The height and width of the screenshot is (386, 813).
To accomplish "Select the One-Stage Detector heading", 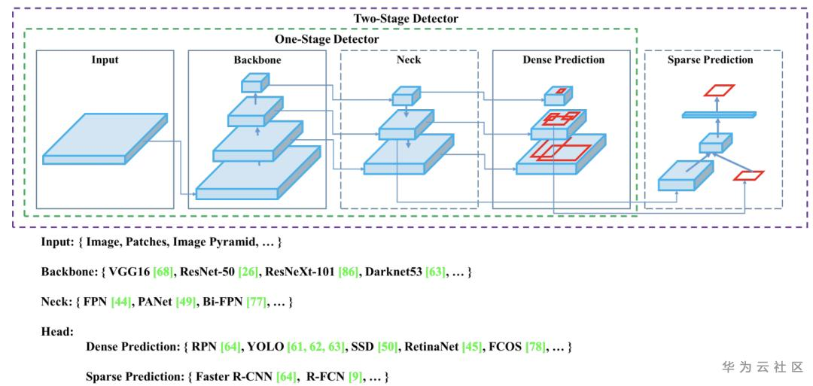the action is pyautogui.click(x=327, y=39).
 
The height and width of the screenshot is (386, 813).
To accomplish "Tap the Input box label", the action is pyautogui.click(x=105, y=59).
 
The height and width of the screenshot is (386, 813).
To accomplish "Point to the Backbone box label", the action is pyautogui.click(x=257, y=59).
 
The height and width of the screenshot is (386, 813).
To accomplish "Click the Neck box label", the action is pyautogui.click(x=409, y=59).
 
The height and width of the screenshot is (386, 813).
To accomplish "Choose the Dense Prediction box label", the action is pyautogui.click(x=564, y=59).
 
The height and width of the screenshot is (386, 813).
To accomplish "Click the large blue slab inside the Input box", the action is pyautogui.click(x=105, y=138).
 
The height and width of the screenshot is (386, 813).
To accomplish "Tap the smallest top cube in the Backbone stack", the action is pyautogui.click(x=255, y=83).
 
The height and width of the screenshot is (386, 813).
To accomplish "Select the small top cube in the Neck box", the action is pyautogui.click(x=405, y=96).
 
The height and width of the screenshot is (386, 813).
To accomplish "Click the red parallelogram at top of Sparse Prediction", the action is pyautogui.click(x=719, y=90).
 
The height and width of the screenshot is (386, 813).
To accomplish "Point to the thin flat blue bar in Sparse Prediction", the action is pyautogui.click(x=719, y=114).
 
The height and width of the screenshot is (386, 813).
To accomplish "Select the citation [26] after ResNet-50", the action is pyautogui.click(x=248, y=272).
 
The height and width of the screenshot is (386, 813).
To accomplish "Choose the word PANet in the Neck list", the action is pyautogui.click(x=156, y=302).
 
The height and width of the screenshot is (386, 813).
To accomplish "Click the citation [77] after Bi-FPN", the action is pyautogui.click(x=257, y=302).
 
